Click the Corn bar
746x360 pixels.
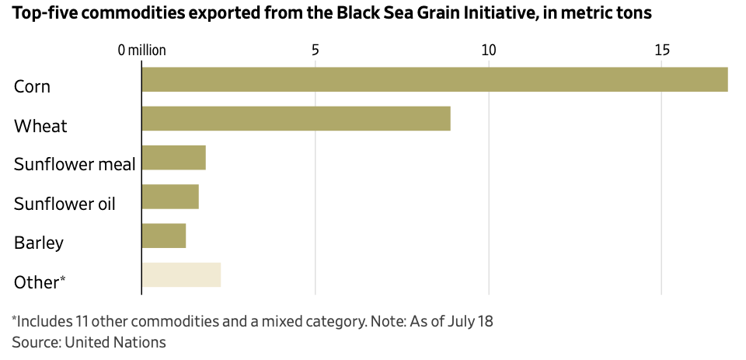click(434, 80)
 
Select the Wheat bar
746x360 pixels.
click(296, 119)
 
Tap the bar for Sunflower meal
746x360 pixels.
click(173, 158)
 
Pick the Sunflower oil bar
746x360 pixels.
click(170, 197)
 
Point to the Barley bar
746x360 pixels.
click(164, 236)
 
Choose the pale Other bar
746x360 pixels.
click(181, 275)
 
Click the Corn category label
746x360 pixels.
click(32, 86)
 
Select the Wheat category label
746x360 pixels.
click(40, 126)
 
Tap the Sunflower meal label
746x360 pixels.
click(75, 164)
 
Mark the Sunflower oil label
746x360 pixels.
click(64, 204)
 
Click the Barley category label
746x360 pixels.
click(39, 243)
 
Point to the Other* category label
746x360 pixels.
click(40, 282)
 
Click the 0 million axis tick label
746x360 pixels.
click(142, 51)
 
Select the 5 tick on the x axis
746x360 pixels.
click(315, 51)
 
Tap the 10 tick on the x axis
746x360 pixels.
click(488, 51)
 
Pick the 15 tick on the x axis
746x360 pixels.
click(661, 51)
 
